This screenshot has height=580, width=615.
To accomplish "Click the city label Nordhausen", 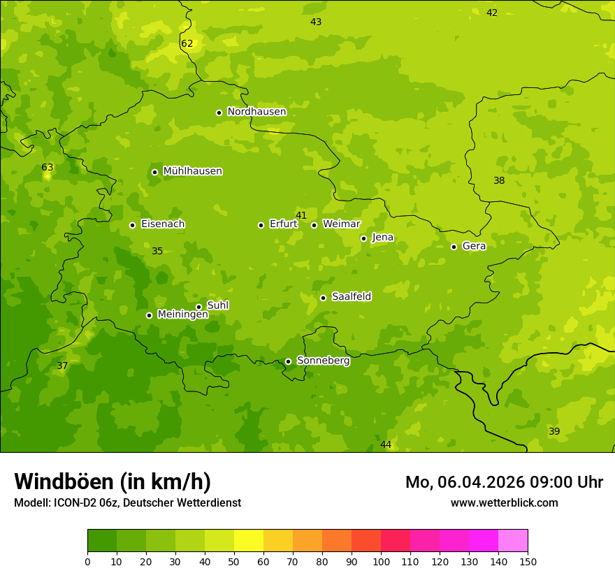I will pyautogui.click(x=256, y=112).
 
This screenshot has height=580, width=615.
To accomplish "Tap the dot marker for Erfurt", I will pyautogui.click(x=261, y=225).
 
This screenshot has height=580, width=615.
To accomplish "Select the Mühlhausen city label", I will pyautogui.click(x=192, y=171).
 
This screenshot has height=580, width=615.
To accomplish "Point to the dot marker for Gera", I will pyautogui.click(x=454, y=247).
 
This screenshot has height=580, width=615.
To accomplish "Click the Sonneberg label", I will pyautogui.click(x=323, y=361).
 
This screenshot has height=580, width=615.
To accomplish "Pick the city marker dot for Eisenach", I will pyautogui.click(x=132, y=225).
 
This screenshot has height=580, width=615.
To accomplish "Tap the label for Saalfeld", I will pyautogui.click(x=351, y=297).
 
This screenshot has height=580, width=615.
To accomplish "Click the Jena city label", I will pyautogui.click(x=382, y=238).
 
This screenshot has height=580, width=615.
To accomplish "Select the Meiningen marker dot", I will pyautogui.click(x=149, y=315).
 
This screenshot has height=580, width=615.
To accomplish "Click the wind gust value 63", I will pyautogui.click(x=48, y=168).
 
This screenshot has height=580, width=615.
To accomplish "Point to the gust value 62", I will pyautogui.click(x=187, y=44).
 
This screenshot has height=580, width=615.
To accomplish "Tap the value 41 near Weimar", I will pyautogui.click(x=301, y=215).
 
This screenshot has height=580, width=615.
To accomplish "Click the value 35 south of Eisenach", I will pyautogui.click(x=157, y=252).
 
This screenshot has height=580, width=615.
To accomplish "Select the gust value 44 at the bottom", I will pyautogui.click(x=386, y=445).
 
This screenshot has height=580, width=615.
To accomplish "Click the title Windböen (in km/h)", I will pyautogui.click(x=113, y=481).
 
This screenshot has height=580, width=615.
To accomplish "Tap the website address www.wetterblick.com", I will pyautogui.click(x=504, y=502).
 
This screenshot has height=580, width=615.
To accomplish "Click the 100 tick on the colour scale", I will pyautogui.click(x=381, y=561).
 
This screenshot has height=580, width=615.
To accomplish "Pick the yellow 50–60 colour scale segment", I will pyautogui.click(x=249, y=541).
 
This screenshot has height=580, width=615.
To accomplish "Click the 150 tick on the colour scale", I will pyautogui.click(x=528, y=561).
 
